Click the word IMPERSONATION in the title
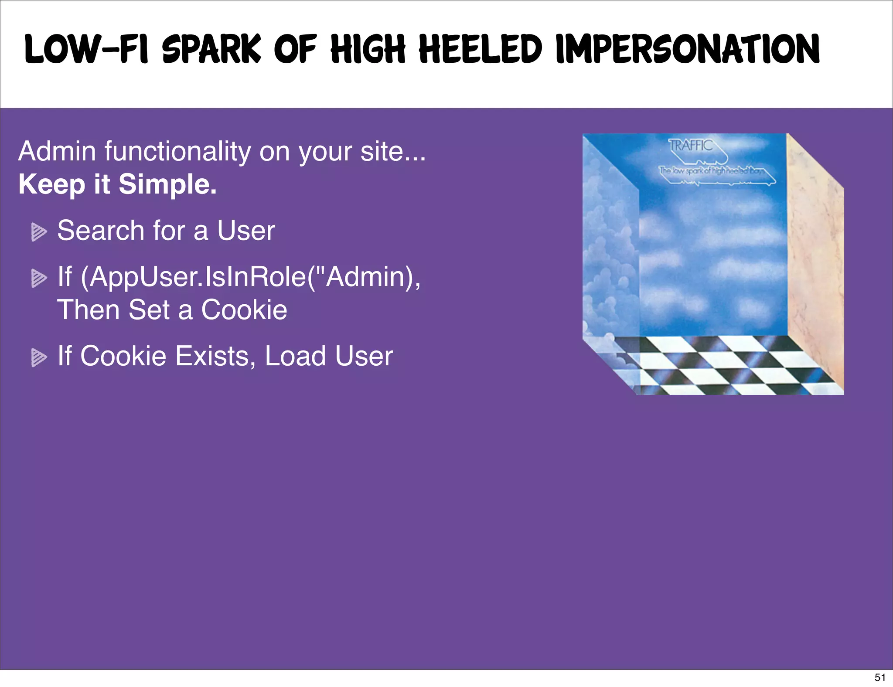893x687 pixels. [688, 50]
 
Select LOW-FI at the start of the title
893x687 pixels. [86, 50]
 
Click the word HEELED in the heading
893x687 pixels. [481, 50]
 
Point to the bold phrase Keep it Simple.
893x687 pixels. [117, 184]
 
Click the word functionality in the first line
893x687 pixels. [177, 151]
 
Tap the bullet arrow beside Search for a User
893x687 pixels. [39, 232]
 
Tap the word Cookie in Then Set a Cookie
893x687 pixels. [244, 310]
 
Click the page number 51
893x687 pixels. [880, 677]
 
